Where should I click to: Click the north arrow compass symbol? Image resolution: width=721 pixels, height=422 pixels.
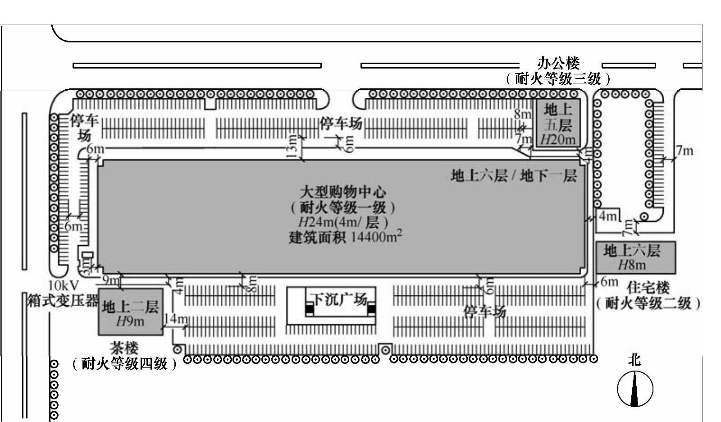coord(634,389)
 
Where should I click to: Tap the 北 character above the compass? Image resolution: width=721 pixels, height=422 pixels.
coord(634,360)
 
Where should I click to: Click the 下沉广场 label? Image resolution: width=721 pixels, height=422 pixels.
coord(339,299)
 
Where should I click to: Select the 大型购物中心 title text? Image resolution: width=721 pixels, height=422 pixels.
coord(343,192)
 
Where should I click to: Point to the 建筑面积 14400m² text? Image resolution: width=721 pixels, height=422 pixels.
coord(345,237)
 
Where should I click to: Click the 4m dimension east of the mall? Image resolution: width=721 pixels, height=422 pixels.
coord(607,216)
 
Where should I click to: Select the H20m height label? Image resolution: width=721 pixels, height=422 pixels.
coord(558,139)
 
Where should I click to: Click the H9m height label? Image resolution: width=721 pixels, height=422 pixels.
coord(130,321)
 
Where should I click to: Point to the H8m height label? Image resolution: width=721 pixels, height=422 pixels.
coord(632,265)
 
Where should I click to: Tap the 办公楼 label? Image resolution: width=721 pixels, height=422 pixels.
coord(558,63)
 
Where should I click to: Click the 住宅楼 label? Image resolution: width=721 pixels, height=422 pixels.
coord(648,287)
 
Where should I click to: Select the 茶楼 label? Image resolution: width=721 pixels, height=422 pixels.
coord(124,348)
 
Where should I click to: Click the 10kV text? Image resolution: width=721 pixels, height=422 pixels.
coord(64,285)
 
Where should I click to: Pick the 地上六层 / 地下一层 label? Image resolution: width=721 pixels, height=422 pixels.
coord(514,175)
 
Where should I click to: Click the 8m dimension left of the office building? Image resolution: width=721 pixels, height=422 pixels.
coord(523,114)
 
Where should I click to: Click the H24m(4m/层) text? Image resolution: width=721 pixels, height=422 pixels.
coord(343,222)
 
